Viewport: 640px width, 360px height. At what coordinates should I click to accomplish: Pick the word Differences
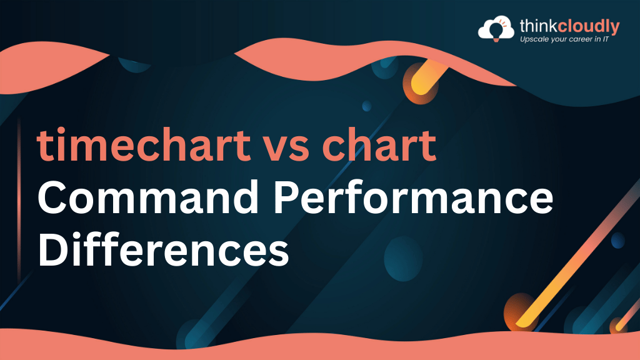point(163,249)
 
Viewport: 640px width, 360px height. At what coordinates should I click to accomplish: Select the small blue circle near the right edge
point(617,241)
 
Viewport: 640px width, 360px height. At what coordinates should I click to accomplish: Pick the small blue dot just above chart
point(367,106)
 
